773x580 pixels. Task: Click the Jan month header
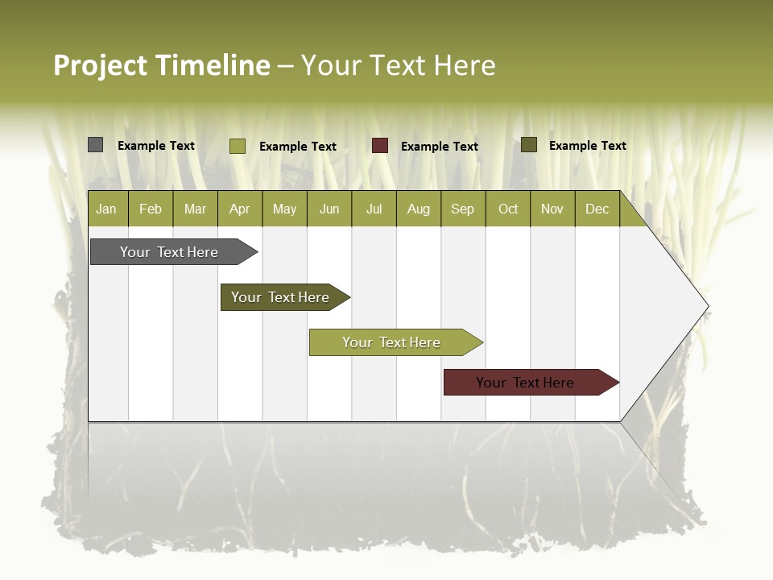tap(106, 209)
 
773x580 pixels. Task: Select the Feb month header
tap(151, 209)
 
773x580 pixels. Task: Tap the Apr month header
tap(240, 209)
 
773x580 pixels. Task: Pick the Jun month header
tap(329, 209)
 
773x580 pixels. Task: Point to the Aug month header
tap(419, 209)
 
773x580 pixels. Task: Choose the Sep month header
tap(463, 209)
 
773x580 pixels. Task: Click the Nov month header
tap(552, 209)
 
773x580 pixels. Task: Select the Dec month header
tap(597, 209)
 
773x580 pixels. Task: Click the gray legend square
tap(95, 145)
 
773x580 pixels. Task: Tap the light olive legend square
tap(237, 146)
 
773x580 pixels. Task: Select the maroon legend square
tap(380, 146)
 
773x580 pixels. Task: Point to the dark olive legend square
tap(529, 145)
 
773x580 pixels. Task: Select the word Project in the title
tap(100, 65)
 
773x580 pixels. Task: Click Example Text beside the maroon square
tap(439, 147)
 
